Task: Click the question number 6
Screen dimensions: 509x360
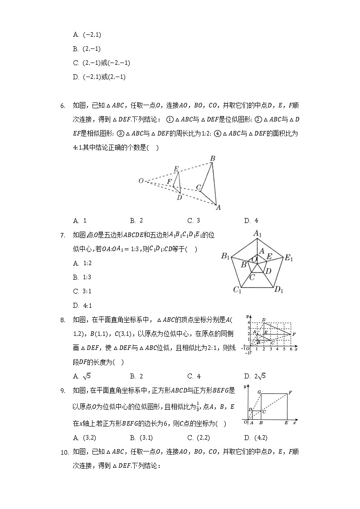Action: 63,106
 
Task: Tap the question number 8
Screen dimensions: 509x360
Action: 63,320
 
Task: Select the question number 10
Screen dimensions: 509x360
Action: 64,452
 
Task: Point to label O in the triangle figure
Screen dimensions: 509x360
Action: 141,181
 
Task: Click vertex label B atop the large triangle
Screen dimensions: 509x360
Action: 212,159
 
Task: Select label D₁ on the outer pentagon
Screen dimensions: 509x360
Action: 278,290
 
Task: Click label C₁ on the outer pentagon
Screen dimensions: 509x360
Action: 237,290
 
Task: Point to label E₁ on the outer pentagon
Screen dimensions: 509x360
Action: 289,258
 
